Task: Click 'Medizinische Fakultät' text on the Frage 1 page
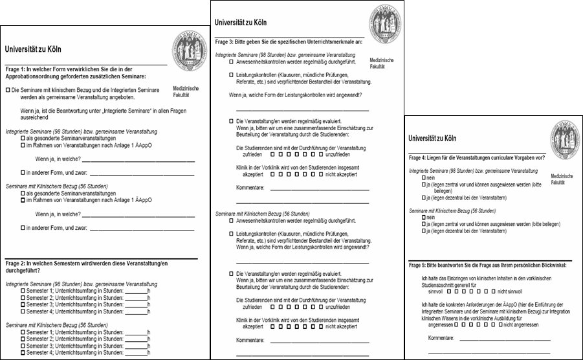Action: pos(186,91)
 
